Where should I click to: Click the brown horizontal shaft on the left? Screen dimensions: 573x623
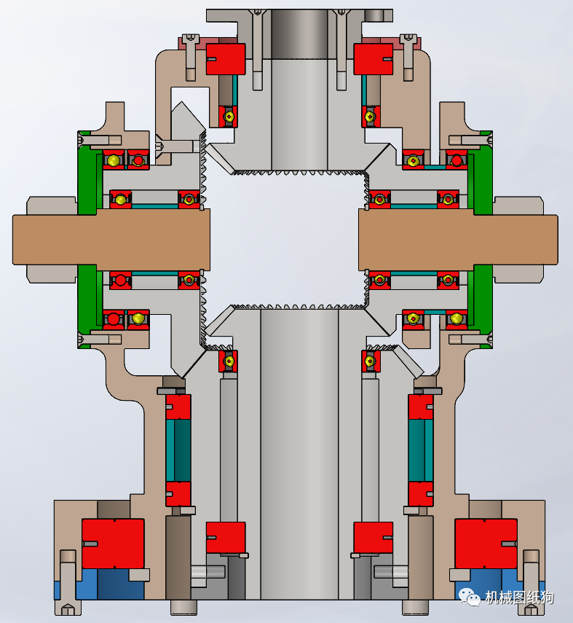(x=111, y=240)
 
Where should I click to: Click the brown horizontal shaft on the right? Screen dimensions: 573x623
(x=458, y=240)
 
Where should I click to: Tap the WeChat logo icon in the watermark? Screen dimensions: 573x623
(x=470, y=596)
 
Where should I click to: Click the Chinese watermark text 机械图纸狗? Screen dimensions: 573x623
(x=519, y=597)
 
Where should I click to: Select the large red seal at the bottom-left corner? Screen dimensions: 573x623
(x=113, y=544)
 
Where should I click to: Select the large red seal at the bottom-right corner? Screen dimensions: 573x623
(x=486, y=544)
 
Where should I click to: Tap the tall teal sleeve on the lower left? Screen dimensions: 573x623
(x=178, y=450)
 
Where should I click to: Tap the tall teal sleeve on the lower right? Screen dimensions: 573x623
(x=421, y=450)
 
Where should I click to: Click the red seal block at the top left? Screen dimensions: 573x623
(x=226, y=59)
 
